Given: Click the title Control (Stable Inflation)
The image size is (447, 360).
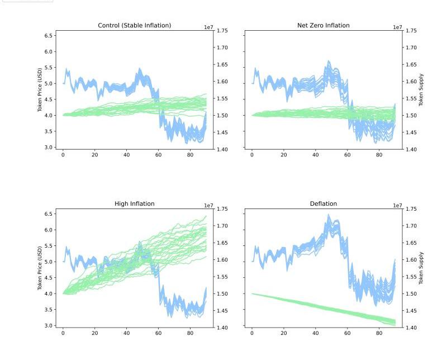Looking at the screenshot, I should click(134, 25).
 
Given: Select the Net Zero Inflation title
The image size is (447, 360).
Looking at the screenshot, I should click(323, 25).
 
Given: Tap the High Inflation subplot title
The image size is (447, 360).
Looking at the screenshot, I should click(134, 203).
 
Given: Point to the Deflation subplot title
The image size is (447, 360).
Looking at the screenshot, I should click(323, 203).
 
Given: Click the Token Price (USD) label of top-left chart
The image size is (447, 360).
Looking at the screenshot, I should click(40, 89).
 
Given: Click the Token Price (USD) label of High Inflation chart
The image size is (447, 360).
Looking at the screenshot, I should click(40, 268).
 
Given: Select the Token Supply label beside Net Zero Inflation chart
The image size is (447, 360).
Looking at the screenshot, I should click(421, 89).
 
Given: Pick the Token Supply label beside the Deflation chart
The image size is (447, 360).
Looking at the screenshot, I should click(421, 268).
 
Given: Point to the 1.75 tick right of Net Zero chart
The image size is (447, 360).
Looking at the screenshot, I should click(411, 31).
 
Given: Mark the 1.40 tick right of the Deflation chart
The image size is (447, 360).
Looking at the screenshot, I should click(411, 328).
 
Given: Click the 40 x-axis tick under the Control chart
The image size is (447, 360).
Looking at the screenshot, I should click(126, 155).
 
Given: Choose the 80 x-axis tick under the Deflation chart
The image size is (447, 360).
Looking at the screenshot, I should click(379, 333).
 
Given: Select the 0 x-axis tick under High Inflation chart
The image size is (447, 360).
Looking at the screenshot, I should click(63, 333).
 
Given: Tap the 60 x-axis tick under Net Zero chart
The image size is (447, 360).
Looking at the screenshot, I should click(347, 155).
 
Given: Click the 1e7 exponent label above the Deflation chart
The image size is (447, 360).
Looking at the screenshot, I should click(397, 206).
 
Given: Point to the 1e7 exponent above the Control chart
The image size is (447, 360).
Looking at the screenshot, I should click(208, 27).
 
